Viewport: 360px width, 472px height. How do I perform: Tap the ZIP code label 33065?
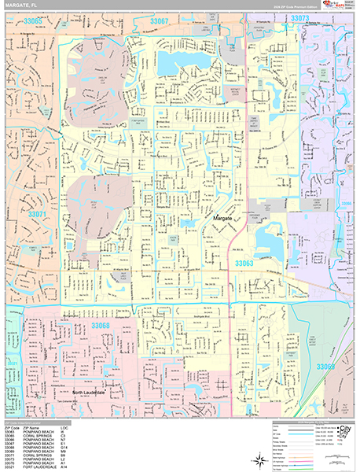[x=32, y=20]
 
